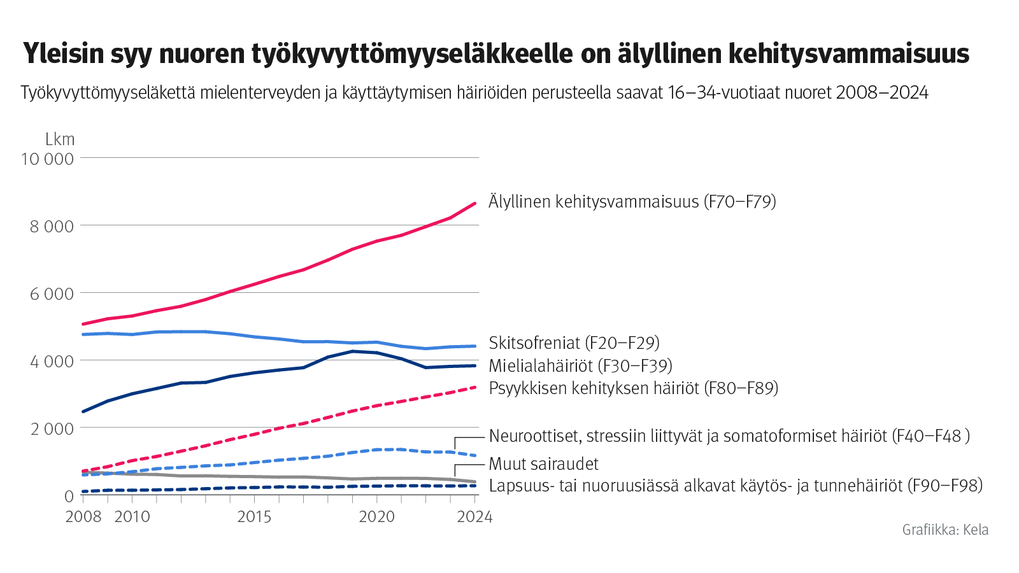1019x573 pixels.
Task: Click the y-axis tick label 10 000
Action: click(47, 159)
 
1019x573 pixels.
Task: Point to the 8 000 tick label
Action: click(52, 226)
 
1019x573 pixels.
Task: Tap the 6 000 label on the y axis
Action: click(52, 294)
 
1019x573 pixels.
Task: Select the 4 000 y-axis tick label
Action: click(52, 361)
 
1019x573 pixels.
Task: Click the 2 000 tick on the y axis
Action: click(52, 429)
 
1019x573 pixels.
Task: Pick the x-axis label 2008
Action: click(83, 516)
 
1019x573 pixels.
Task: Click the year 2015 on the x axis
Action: click(254, 516)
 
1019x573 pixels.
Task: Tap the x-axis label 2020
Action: click(376, 516)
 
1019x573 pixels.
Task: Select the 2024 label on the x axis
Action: click(474, 516)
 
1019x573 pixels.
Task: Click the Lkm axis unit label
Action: click(60, 139)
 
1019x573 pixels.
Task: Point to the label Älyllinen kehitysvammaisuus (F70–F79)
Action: click(632, 202)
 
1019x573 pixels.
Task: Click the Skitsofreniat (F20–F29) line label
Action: click(574, 343)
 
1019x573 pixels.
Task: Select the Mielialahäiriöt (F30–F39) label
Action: click(580, 366)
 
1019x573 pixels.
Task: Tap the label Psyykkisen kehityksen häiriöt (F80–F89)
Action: click(633, 388)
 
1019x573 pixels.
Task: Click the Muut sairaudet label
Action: click(543, 464)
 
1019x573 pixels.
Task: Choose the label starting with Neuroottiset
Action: click(729, 436)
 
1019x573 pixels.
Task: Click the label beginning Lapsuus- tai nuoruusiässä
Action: click(736, 486)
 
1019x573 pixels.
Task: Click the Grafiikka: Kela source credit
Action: click(945, 530)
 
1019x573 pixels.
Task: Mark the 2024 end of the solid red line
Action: click(475, 203)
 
